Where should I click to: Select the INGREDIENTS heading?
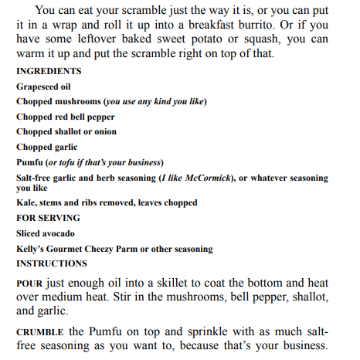49,71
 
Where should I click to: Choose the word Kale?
25,202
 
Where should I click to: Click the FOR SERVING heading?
48,218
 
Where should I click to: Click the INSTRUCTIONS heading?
52,263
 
